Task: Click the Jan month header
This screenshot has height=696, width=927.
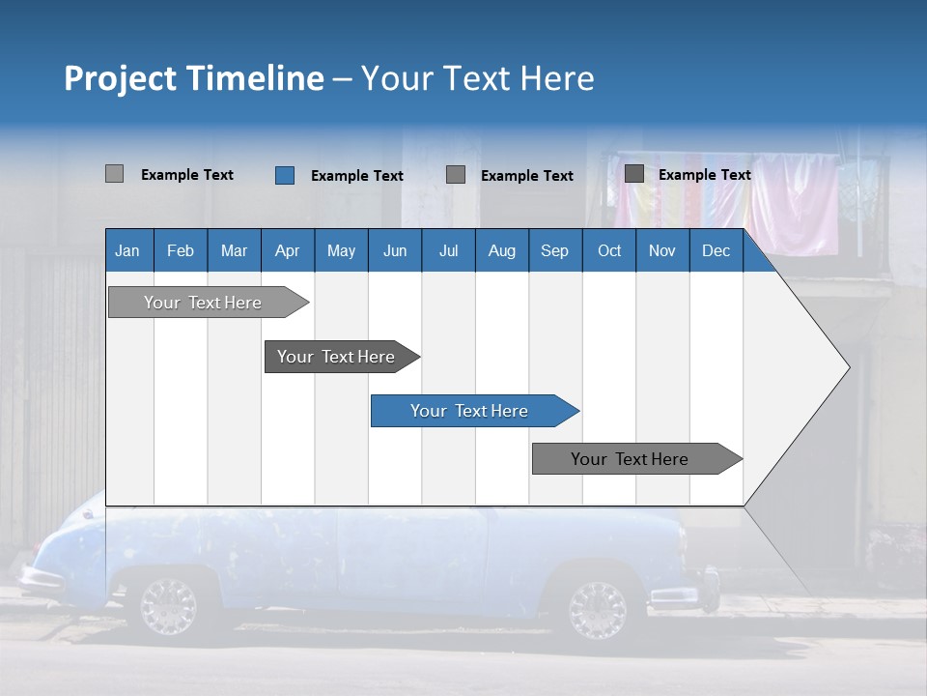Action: click(x=127, y=250)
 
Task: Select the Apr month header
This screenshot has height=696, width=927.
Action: click(x=287, y=250)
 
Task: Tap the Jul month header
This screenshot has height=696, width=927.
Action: click(x=448, y=250)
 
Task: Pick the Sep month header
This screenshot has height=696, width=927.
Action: click(x=554, y=250)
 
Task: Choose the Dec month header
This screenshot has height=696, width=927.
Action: click(x=716, y=250)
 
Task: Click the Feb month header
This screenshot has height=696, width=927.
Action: click(x=181, y=250)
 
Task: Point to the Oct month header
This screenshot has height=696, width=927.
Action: click(x=608, y=250)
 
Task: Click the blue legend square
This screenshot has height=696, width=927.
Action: click(x=285, y=175)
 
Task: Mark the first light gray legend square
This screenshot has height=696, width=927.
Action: click(x=114, y=174)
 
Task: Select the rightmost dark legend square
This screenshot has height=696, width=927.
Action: click(x=634, y=174)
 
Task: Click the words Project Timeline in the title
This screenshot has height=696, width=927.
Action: click(x=193, y=78)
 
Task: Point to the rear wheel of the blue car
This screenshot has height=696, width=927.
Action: click(x=169, y=606)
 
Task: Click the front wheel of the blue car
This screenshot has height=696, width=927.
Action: click(x=597, y=609)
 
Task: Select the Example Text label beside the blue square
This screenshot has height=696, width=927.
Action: click(x=356, y=176)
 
